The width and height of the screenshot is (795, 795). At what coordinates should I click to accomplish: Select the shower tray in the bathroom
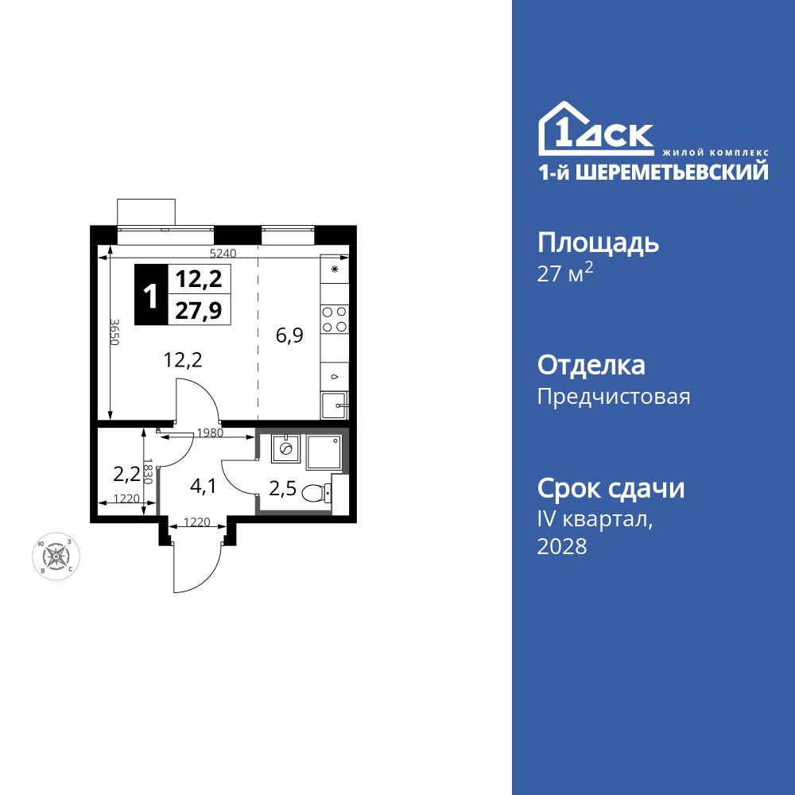tap(324, 452)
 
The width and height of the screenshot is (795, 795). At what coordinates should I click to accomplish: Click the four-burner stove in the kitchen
tap(334, 319)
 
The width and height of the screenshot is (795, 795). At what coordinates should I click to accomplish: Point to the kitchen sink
tap(335, 405)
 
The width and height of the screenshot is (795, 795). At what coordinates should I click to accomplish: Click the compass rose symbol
tap(55, 555)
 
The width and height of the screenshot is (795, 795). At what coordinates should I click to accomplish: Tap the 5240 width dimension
tap(223, 253)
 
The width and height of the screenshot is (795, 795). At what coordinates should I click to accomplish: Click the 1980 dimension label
tap(209, 433)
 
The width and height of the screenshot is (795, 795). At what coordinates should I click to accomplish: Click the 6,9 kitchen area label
tap(289, 335)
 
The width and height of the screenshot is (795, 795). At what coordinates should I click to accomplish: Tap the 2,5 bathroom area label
tap(282, 488)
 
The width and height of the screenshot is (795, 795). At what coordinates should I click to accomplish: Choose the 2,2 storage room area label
tap(126, 475)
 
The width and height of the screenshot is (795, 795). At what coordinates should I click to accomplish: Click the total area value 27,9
tap(198, 309)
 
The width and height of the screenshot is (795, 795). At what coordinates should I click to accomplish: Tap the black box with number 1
tap(149, 295)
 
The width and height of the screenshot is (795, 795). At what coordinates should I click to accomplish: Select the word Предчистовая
tap(614, 396)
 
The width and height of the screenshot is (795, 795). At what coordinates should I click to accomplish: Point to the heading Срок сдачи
tap(611, 488)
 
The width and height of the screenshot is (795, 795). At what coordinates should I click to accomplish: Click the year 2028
tap(562, 546)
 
